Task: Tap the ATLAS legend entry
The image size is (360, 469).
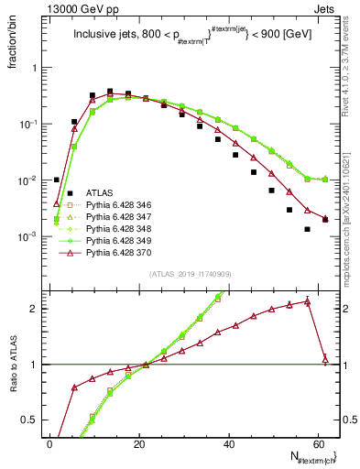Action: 101,192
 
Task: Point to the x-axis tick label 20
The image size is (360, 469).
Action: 139,443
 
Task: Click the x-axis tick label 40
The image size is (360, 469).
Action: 229,443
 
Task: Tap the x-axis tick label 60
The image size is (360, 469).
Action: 318,443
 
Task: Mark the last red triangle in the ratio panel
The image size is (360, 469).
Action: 325,359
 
